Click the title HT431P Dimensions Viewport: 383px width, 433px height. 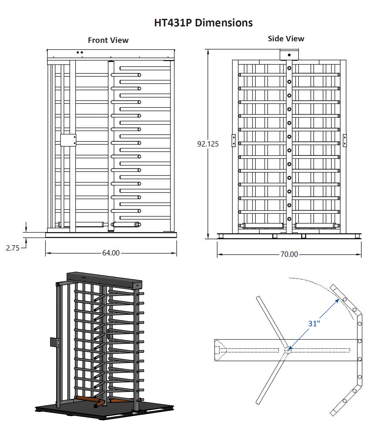tap(203, 23)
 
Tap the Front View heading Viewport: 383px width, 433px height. tap(108, 40)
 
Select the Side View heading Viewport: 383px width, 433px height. tap(286, 39)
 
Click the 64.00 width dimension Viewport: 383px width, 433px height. tap(111, 253)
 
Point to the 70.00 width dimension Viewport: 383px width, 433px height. tap(289, 254)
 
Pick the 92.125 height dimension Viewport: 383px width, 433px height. tap(208, 144)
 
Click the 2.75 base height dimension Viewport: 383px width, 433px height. tap(13, 248)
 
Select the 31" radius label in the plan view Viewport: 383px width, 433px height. tap(314, 323)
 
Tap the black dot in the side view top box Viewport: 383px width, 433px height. tap(289, 55)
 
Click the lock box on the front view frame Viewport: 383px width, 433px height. tap(68, 140)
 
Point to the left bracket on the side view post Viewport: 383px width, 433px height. tap(234, 141)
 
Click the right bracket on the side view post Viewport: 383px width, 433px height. tap(345, 141)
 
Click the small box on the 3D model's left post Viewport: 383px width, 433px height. tap(55, 342)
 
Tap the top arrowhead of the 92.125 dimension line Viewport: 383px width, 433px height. tap(208, 52)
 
